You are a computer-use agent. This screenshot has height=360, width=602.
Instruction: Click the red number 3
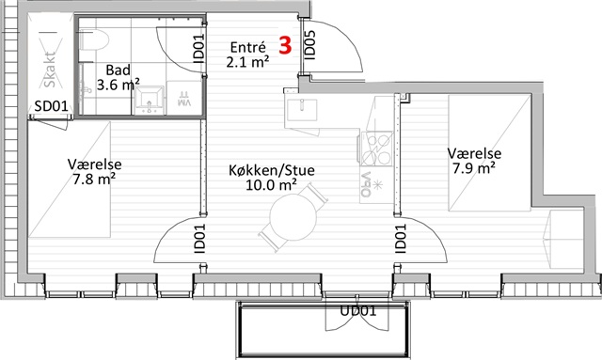click(x=285, y=45)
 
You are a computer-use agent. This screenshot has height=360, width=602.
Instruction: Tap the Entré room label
click(x=247, y=48)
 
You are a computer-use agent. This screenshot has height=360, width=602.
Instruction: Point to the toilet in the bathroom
click(x=95, y=39)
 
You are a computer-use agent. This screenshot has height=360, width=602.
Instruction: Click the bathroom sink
click(x=150, y=101)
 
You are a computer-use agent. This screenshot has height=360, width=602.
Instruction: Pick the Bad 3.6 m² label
click(x=118, y=77)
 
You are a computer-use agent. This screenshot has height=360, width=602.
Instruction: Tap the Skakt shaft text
click(x=50, y=70)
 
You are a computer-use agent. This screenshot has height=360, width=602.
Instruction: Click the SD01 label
click(x=51, y=106)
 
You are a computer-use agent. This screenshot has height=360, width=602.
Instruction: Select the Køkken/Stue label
click(x=272, y=170)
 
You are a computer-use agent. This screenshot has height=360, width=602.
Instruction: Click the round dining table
click(x=293, y=217)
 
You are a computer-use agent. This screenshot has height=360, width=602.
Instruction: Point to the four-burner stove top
click(x=376, y=149)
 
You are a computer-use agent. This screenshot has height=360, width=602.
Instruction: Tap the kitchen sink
click(x=302, y=110)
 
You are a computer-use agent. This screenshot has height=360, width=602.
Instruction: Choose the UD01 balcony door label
click(x=357, y=310)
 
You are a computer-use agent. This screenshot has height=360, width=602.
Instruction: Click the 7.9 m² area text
click(x=473, y=168)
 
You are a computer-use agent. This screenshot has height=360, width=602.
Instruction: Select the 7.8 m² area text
click(x=94, y=179)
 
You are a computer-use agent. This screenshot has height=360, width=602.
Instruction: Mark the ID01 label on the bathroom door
click(x=198, y=48)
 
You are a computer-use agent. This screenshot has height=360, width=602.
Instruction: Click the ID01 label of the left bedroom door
click(x=199, y=239)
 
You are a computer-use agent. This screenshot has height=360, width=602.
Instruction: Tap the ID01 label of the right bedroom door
click(x=400, y=239)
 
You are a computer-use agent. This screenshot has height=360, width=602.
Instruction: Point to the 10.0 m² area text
click(x=271, y=184)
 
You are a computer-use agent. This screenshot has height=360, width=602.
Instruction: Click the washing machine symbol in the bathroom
click(x=184, y=98)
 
